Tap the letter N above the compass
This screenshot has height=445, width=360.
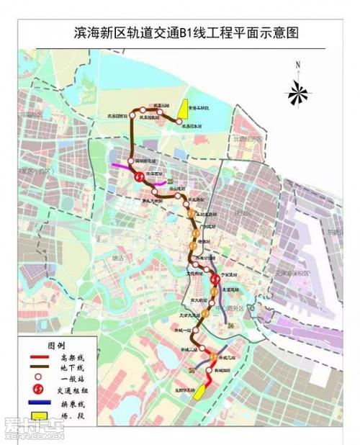point(297,66)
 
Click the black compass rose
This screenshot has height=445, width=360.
point(297,91)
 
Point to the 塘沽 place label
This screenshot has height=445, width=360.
point(118,257)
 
